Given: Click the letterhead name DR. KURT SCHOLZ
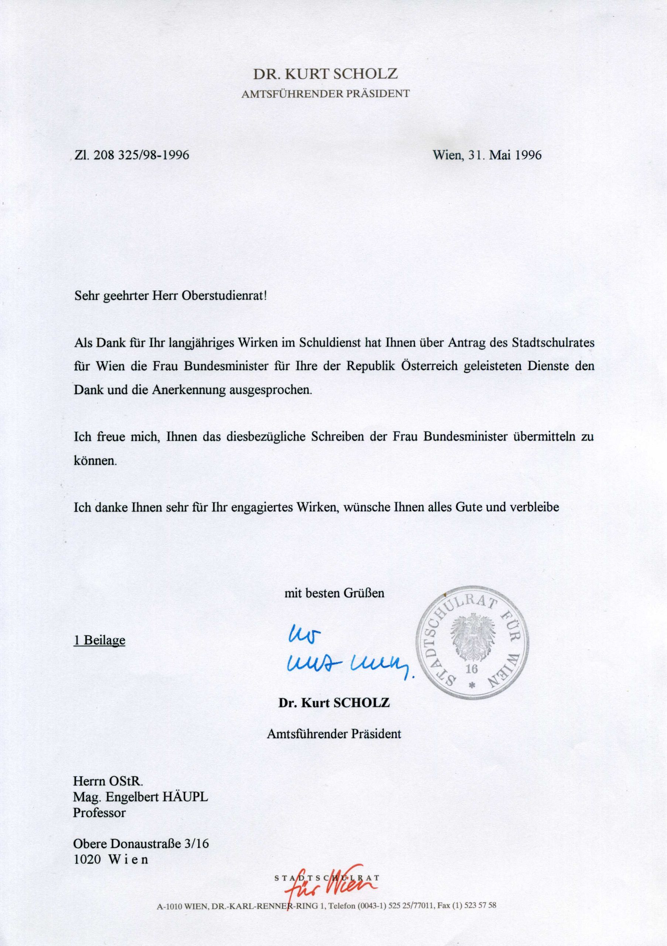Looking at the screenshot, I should pyautogui.click(x=325, y=74).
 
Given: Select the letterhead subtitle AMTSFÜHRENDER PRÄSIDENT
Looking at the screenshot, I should pyautogui.click(x=325, y=94).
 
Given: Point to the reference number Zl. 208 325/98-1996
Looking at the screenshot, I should pyautogui.click(x=131, y=155).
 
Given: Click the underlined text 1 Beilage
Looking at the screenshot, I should pyautogui.click(x=99, y=640).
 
